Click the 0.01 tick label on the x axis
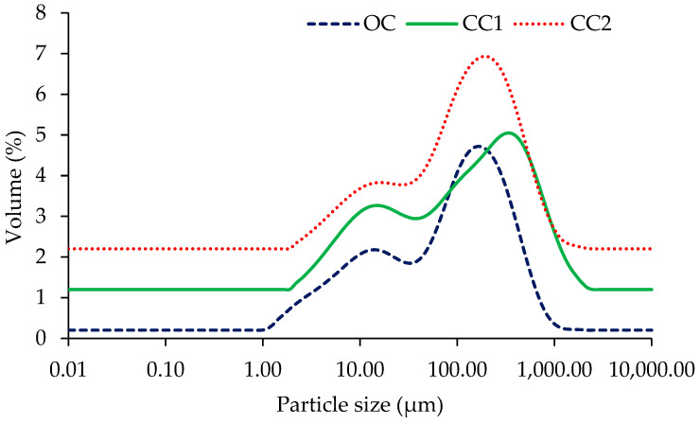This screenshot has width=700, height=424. tap(68, 366)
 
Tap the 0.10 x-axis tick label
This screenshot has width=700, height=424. tap(166, 366)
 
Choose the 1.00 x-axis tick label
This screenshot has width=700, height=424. tap(262, 366)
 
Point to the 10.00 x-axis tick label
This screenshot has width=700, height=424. tap(359, 366)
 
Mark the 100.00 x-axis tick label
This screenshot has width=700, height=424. tap(457, 366)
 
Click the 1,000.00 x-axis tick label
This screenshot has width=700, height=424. tap(553, 366)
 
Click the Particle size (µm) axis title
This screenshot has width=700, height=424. tap(359, 405)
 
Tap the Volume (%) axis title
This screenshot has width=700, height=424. tap(16, 176)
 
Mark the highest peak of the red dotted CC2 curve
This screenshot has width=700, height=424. tap(485, 56)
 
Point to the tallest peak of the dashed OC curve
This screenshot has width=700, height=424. tap(479, 146)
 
